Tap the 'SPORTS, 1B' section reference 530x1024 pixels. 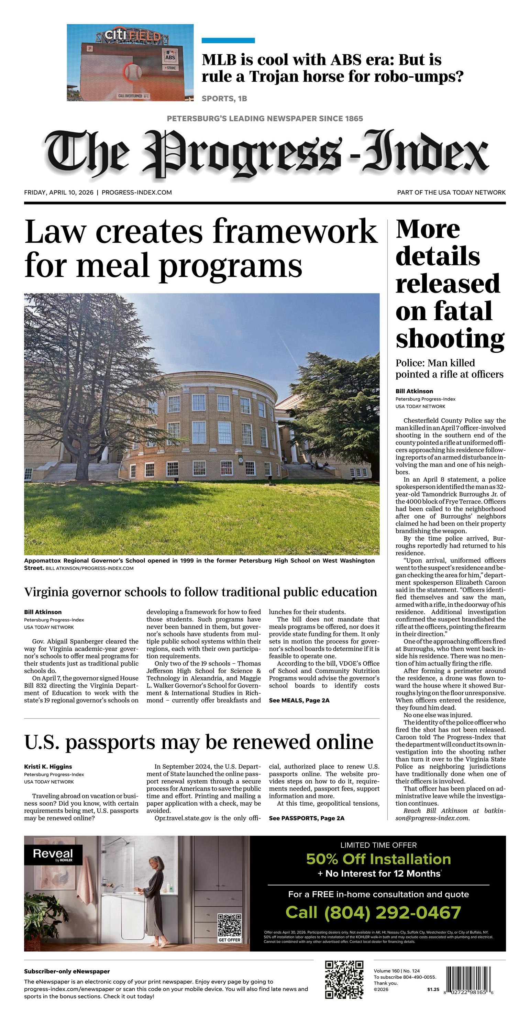(x=224, y=99)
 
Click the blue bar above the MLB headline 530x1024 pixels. (x=228, y=41)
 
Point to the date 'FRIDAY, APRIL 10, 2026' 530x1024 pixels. (x=59, y=192)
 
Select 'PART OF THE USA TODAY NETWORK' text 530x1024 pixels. (x=451, y=192)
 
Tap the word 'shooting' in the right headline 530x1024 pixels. (x=450, y=339)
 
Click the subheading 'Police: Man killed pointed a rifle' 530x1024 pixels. (x=449, y=368)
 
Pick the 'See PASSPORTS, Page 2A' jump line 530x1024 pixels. (x=307, y=818)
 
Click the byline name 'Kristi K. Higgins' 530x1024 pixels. (x=48, y=767)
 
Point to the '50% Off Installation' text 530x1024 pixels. (x=378, y=859)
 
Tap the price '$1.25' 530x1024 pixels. (x=433, y=989)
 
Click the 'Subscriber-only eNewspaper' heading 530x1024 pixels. (x=67, y=971)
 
